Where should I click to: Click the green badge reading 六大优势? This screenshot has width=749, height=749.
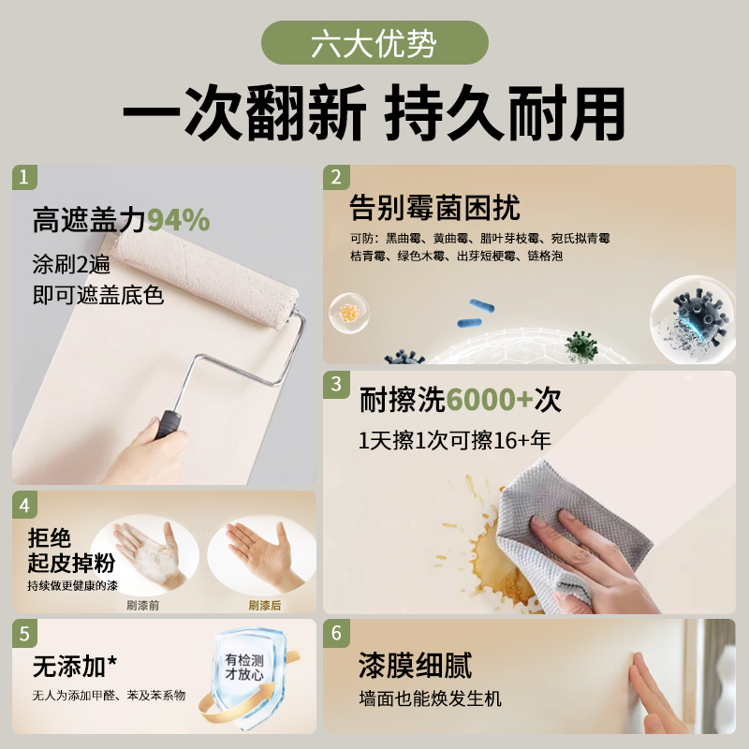(374, 43)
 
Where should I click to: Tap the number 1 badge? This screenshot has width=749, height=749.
(25, 177)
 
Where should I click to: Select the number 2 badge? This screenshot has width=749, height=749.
(335, 177)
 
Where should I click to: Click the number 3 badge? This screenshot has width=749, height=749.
(335, 383)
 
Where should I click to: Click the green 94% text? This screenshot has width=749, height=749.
(178, 220)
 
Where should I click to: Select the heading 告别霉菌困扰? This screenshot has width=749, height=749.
(434, 207)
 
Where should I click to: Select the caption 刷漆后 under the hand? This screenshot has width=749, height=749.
(265, 605)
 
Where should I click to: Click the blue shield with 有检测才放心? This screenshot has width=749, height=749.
(245, 672)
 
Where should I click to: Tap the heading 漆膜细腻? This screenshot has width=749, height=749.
(415, 666)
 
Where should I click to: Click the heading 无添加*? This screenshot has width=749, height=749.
(75, 666)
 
